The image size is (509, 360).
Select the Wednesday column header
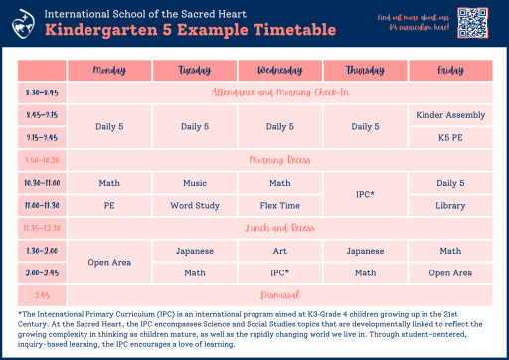279,71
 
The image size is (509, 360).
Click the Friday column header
450,71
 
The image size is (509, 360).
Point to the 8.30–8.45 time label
41,92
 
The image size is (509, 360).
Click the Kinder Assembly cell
450,115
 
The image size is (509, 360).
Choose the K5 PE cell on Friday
450,137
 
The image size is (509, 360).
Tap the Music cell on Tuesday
195,183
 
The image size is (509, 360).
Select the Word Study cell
195,205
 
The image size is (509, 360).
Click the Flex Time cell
279,205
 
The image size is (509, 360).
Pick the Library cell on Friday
450,205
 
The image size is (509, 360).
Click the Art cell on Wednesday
279,251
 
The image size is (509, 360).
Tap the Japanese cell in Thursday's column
365,251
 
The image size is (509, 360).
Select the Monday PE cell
109,205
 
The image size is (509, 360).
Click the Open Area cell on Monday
109,262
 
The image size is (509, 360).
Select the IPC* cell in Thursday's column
365,194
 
